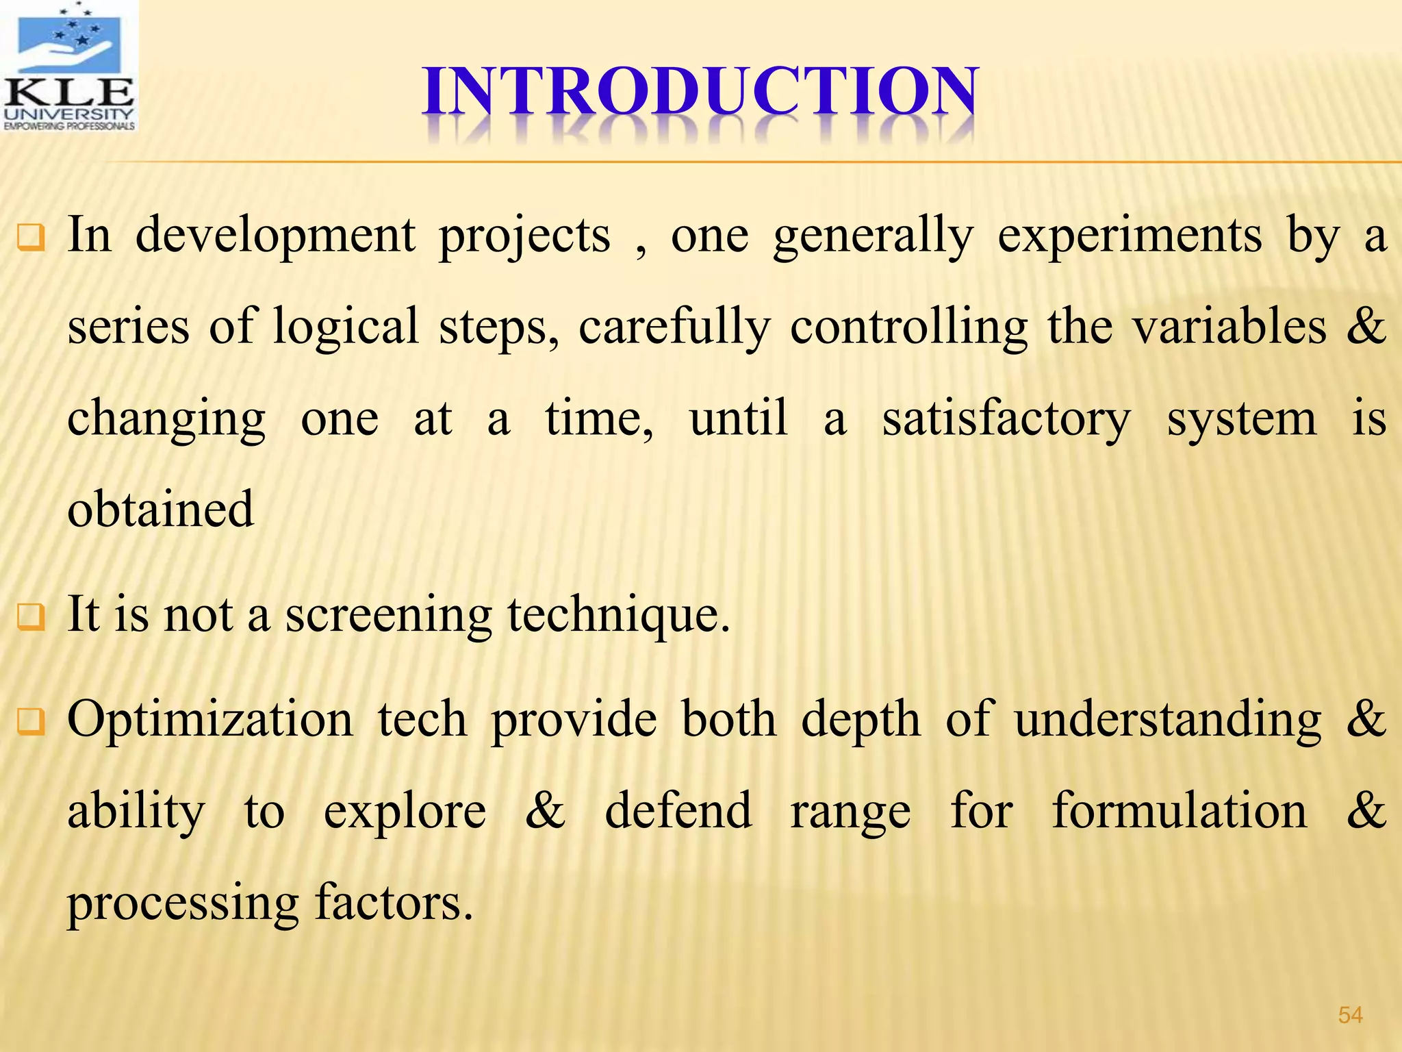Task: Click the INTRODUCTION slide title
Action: coord(700,92)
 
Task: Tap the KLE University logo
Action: coord(69,66)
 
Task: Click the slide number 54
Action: coord(1350,1015)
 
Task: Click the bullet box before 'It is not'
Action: coord(31,617)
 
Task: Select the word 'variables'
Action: coord(1229,326)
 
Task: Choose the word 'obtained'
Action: coord(161,509)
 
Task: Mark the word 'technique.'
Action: coord(619,615)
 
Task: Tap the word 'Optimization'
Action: coord(210,721)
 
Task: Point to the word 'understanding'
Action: coord(1168,721)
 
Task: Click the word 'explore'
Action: coord(405,812)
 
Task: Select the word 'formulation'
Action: coord(1180,810)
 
